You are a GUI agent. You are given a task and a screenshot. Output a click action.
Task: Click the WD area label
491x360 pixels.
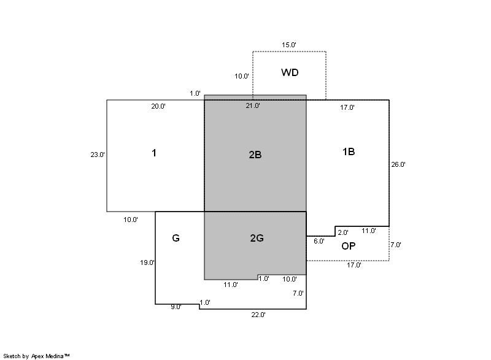[x=290, y=72]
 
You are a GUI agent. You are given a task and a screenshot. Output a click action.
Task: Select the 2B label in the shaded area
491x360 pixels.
[x=255, y=155]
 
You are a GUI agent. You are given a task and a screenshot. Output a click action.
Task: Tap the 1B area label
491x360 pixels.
[x=349, y=151]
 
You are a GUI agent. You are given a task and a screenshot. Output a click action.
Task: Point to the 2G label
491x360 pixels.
[x=257, y=238]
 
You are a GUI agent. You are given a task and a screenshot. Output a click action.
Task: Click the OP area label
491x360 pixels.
[x=348, y=246]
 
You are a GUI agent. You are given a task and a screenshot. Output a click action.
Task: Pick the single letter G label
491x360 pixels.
[x=176, y=238]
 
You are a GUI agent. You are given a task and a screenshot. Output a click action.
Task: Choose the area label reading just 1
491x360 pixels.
[x=154, y=153]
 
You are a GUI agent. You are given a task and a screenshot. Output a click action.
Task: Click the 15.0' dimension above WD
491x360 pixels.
[x=288, y=45]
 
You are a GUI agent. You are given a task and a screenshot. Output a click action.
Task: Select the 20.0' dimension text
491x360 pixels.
[x=158, y=106]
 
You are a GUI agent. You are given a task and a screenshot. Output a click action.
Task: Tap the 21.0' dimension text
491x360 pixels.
[x=253, y=105]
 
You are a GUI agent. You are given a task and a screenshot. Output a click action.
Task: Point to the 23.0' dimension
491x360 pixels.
[x=98, y=155]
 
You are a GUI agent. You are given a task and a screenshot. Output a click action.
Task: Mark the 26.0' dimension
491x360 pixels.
[x=398, y=164]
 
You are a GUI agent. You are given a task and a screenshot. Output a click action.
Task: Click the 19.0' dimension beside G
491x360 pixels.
[x=147, y=262]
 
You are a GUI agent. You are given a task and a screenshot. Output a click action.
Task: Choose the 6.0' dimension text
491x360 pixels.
[x=319, y=241]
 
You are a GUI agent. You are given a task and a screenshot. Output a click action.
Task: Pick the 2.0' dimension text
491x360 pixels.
[x=343, y=232]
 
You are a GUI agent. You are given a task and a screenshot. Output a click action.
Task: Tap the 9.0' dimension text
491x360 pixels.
[x=176, y=307]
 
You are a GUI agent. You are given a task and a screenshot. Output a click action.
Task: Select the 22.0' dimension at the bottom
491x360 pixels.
[x=258, y=315]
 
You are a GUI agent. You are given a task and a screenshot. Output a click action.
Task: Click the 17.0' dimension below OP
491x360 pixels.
[x=354, y=265]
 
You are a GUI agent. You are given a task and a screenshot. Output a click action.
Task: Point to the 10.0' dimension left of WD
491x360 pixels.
[x=242, y=76]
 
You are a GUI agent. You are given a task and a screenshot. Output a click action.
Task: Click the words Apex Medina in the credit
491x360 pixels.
[x=47, y=356]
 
